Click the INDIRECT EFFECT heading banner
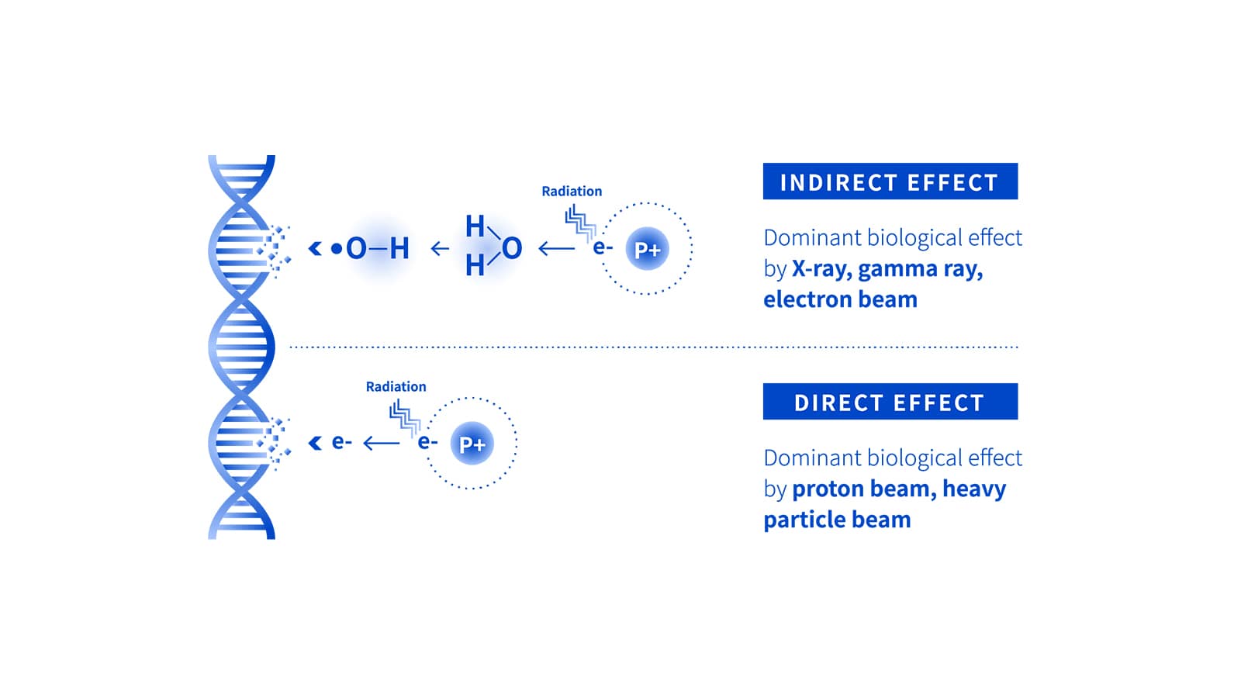(890, 181)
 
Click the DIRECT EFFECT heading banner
(890, 402)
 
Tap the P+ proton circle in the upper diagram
(647, 249)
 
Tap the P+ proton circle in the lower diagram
(472, 444)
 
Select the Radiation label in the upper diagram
(572, 191)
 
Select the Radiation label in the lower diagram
(396, 386)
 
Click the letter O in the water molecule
(512, 248)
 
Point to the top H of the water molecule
(475, 226)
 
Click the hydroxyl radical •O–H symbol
(371, 248)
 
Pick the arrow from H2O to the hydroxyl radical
(440, 248)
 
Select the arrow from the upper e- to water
(556, 248)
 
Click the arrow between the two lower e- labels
(381, 443)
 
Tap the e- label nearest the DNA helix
(341, 442)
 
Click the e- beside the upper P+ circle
(603, 247)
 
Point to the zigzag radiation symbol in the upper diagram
(579, 222)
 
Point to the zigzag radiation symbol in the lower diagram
(404, 416)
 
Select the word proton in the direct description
(825, 489)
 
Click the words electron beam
(840, 299)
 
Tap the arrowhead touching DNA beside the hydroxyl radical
(314, 248)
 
